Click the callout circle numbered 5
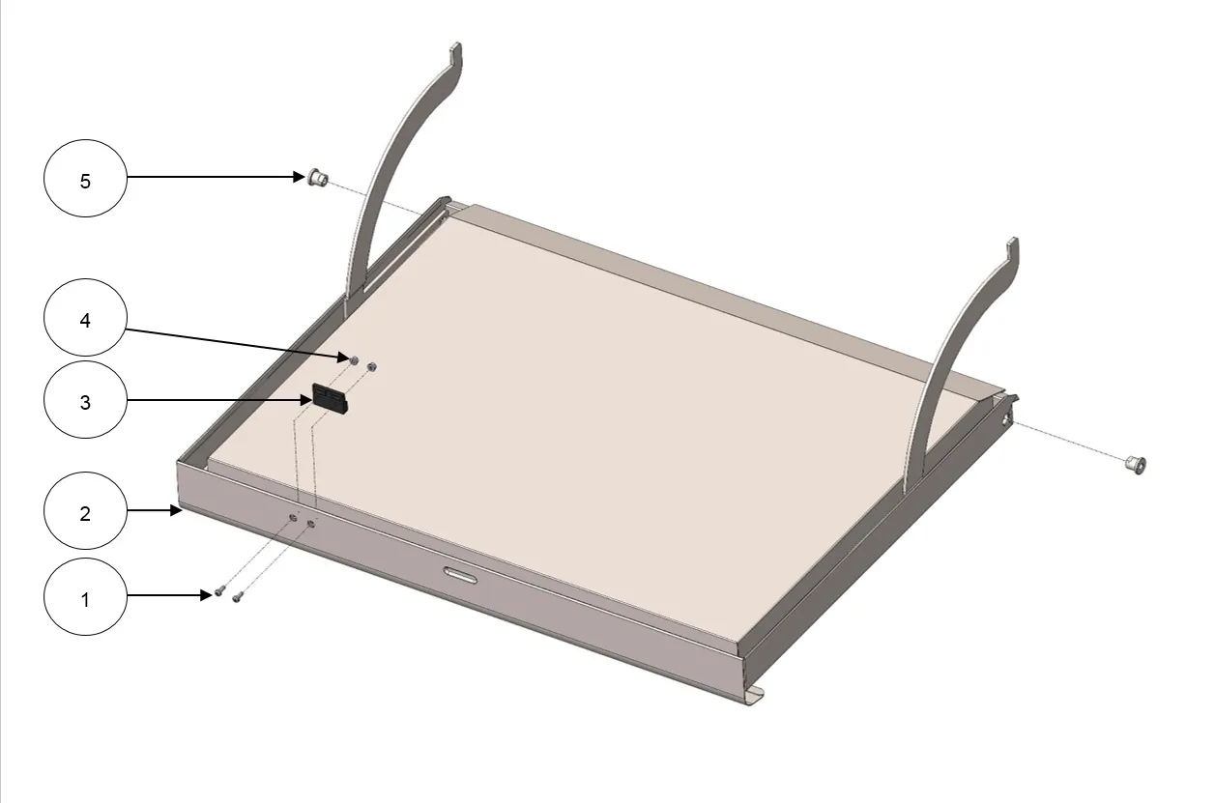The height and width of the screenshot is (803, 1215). point(85,179)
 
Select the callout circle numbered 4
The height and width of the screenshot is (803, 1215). point(85,318)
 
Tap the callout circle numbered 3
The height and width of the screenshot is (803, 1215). point(85,400)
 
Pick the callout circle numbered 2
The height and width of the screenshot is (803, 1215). point(85,511)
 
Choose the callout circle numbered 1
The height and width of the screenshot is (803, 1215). point(85,597)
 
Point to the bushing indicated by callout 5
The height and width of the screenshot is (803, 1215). point(318,177)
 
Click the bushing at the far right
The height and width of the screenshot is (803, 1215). point(1136,465)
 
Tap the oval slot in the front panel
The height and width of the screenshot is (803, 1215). point(460,575)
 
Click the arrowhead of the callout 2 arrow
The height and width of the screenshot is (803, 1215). point(176,510)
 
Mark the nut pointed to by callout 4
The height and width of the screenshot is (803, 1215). point(354,360)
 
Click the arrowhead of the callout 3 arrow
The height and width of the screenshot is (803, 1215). point(306,400)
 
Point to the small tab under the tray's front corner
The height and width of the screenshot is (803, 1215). point(756,696)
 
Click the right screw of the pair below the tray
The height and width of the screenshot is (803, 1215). point(237,597)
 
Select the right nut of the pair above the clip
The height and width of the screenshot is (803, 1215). point(372,367)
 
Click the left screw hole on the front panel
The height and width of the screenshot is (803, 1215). point(293,518)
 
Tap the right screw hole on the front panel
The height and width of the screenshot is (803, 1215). point(311,524)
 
